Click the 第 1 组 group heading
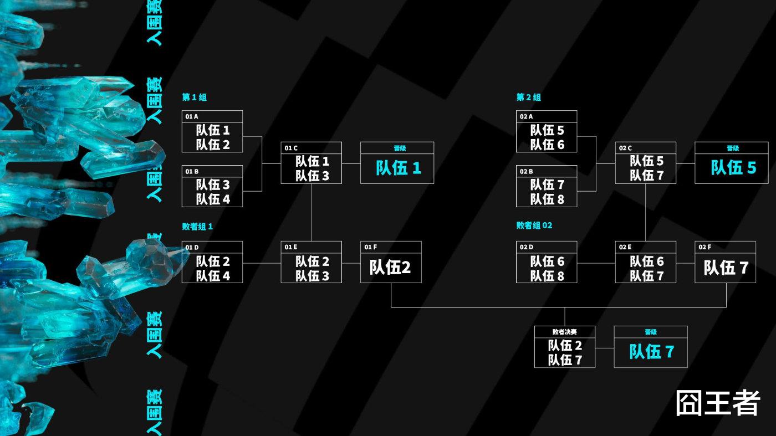pyautogui.click(x=195, y=98)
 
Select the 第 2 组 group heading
pyautogui.click(x=529, y=98)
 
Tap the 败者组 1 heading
pyautogui.click(x=197, y=227)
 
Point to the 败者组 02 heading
pyautogui.click(x=534, y=225)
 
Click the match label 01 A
pyautogui.click(x=192, y=117)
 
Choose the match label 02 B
pyautogui.click(x=526, y=171)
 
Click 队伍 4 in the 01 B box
pyautogui.click(x=213, y=199)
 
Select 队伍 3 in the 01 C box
pyautogui.click(x=312, y=176)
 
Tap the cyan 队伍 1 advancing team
pyautogui.click(x=399, y=168)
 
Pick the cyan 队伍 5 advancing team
pyautogui.click(x=733, y=168)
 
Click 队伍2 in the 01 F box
pyautogui.click(x=390, y=268)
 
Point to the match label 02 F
pyautogui.click(x=705, y=247)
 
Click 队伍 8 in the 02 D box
pyautogui.click(x=547, y=276)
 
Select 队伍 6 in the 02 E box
pyautogui.click(x=646, y=261)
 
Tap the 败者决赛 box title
pyautogui.click(x=565, y=332)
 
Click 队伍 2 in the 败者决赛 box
pyautogui.click(x=565, y=345)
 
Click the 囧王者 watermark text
pyautogui.click(x=718, y=403)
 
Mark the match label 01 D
pyautogui.click(x=192, y=247)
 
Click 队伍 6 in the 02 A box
pyautogui.click(x=547, y=145)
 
